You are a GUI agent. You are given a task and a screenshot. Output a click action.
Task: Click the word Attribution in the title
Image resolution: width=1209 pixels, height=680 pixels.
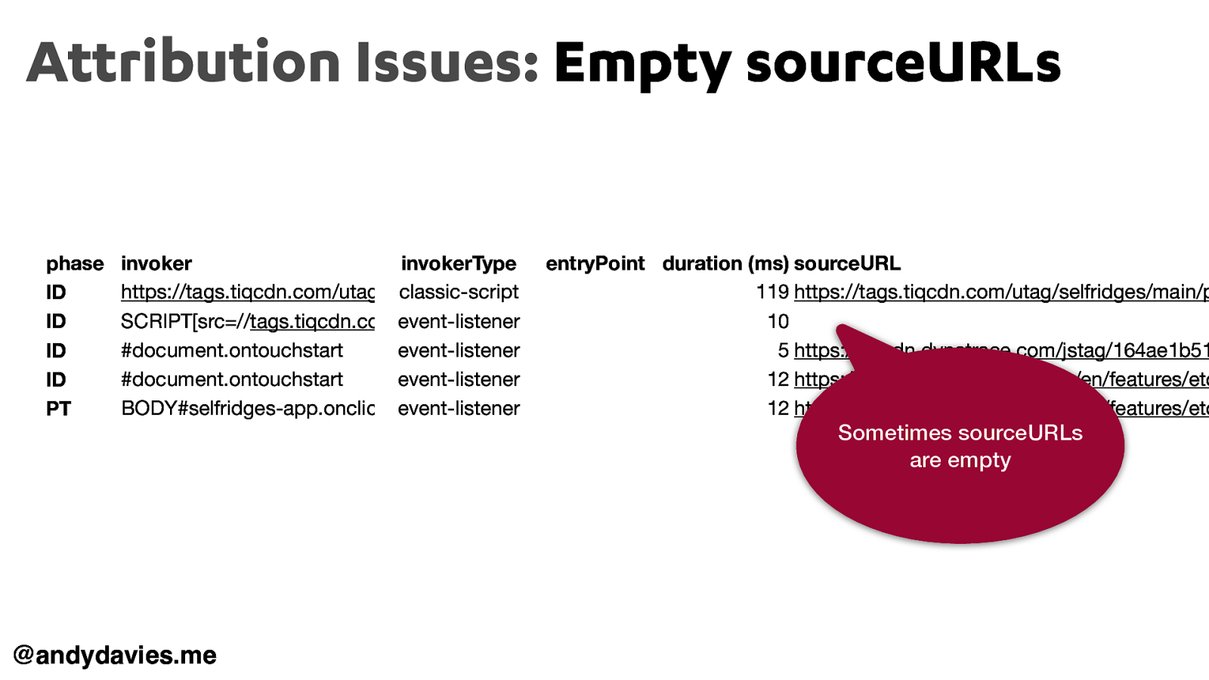pos(184,63)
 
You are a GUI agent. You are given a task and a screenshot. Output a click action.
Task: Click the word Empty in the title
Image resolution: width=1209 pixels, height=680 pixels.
pos(642,64)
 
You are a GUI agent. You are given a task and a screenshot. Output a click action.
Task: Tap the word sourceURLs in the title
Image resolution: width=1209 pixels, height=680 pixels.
pos(903,63)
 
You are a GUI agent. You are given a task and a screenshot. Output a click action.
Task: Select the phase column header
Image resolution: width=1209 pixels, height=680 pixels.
pos(75,264)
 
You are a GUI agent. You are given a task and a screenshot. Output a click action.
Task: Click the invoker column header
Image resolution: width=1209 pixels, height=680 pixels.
pos(156,264)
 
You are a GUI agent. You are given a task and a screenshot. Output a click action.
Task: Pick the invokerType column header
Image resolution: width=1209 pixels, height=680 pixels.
pos(458,264)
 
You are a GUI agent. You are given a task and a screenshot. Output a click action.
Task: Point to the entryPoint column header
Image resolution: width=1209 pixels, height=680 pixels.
pos(595,264)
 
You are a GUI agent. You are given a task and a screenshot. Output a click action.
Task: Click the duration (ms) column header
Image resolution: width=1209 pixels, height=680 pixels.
pos(725,264)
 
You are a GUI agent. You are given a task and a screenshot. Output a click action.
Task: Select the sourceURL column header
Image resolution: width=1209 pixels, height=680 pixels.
pos(847,264)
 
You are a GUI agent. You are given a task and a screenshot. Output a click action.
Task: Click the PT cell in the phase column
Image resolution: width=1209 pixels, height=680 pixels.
pos(58,409)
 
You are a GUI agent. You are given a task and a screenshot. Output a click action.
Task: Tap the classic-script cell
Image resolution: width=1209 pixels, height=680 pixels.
pos(459,292)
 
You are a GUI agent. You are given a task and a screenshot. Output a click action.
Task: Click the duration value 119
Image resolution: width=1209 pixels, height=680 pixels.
pos(772,292)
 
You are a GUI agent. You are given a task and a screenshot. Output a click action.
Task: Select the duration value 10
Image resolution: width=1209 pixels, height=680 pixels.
pos(778,322)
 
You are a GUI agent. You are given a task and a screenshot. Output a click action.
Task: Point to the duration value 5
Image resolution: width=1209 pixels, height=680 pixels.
pos(783,351)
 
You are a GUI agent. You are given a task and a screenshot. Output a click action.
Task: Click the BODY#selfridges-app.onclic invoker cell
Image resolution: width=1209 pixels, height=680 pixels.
pos(247,409)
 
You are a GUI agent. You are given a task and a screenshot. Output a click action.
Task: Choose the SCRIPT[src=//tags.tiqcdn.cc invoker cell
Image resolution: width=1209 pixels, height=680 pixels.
pos(247,322)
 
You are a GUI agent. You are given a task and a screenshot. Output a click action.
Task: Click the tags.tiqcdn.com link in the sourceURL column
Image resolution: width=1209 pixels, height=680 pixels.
pos(997,292)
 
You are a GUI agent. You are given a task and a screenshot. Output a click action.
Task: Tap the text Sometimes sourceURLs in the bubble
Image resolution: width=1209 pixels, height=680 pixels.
pos(960,433)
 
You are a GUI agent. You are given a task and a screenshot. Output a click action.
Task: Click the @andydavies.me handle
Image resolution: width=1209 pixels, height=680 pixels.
pos(115,655)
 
